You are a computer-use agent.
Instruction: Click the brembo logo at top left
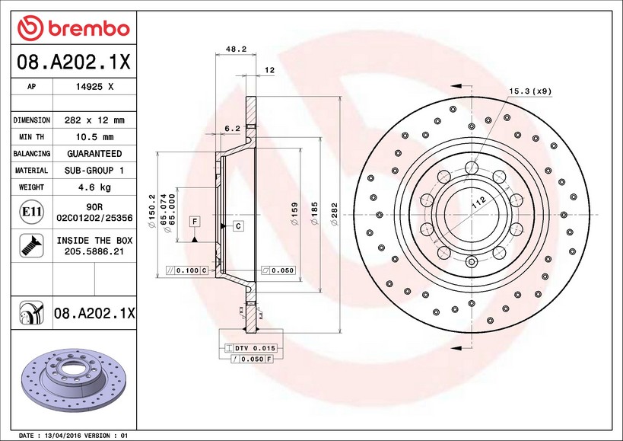[74, 28]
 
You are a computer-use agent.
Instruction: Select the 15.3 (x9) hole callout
[529, 91]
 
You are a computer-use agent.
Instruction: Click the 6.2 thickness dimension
[233, 128]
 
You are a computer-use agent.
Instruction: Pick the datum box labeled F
[195, 222]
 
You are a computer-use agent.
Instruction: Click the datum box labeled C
[237, 226]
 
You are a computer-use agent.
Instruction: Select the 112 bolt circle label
[478, 203]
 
